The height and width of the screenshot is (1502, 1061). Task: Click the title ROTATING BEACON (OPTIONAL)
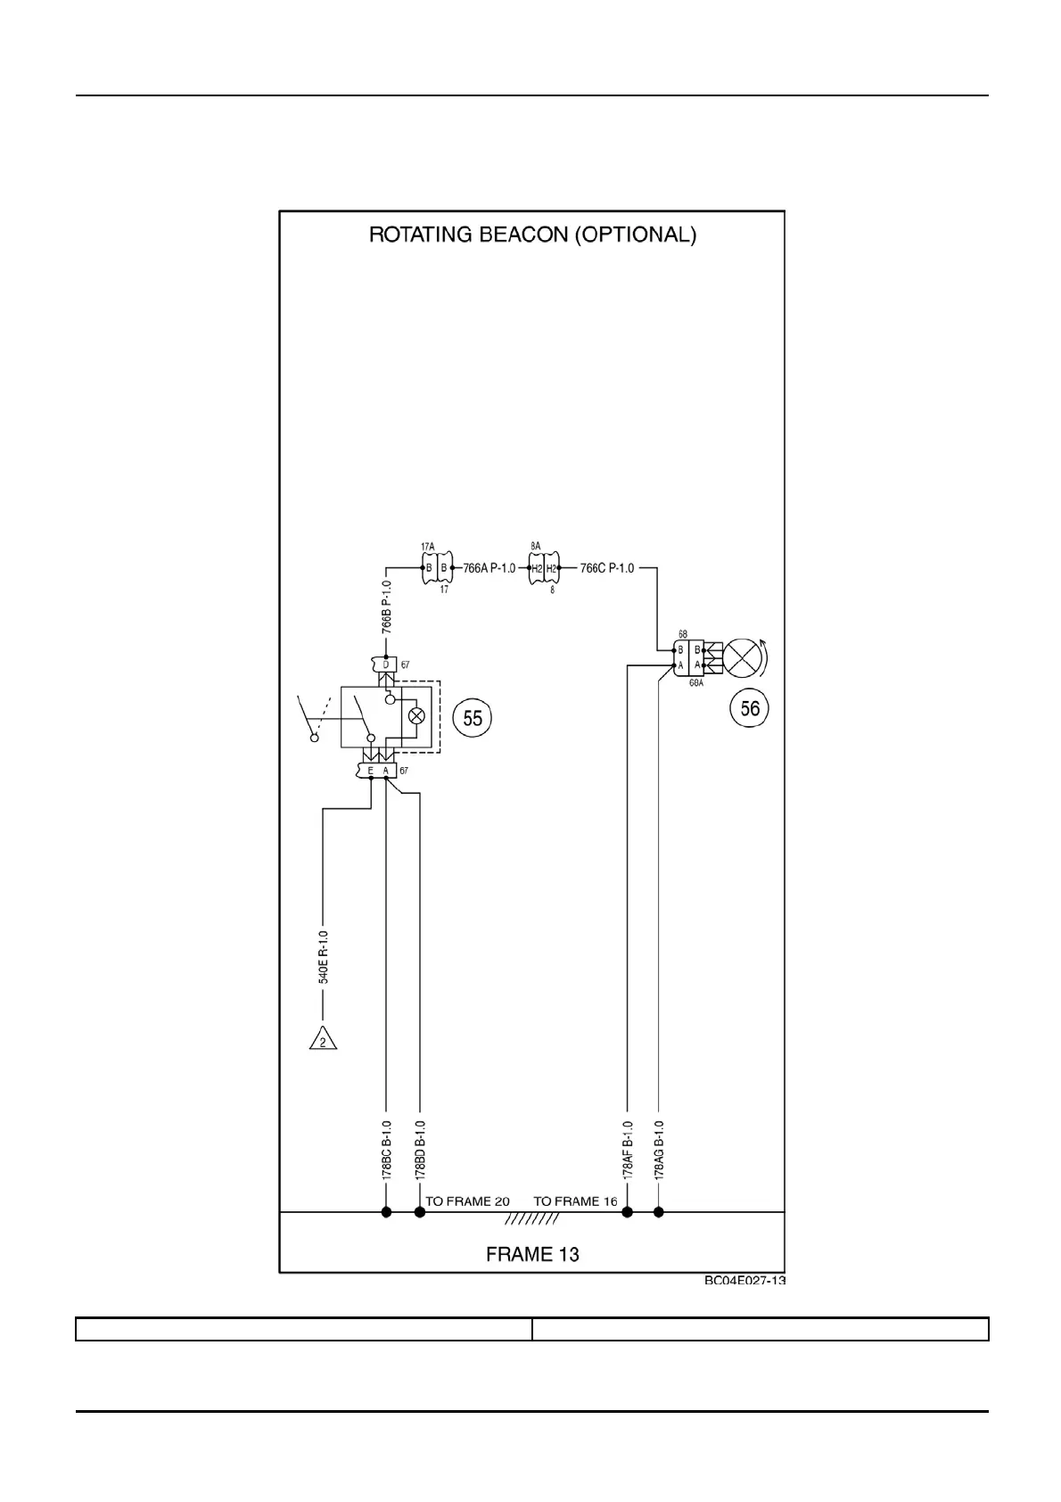coord(532,235)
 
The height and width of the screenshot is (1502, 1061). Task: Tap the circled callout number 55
coord(473,718)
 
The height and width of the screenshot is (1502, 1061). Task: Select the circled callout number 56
coord(750,708)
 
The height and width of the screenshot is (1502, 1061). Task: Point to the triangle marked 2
coord(323,1039)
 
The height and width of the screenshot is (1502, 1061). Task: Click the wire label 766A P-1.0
coord(489,568)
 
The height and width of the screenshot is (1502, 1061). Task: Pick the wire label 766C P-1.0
coord(607,568)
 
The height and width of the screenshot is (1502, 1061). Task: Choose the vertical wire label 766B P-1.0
coord(387,607)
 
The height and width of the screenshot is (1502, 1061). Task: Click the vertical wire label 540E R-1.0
coord(324,957)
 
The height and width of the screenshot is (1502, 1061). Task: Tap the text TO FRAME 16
coord(575,1201)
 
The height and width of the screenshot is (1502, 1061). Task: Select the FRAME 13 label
coord(532,1254)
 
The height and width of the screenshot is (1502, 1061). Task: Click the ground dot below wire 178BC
coord(387,1212)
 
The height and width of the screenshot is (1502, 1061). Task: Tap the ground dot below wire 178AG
coord(659,1212)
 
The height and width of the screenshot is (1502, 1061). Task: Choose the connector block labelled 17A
coord(435,568)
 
